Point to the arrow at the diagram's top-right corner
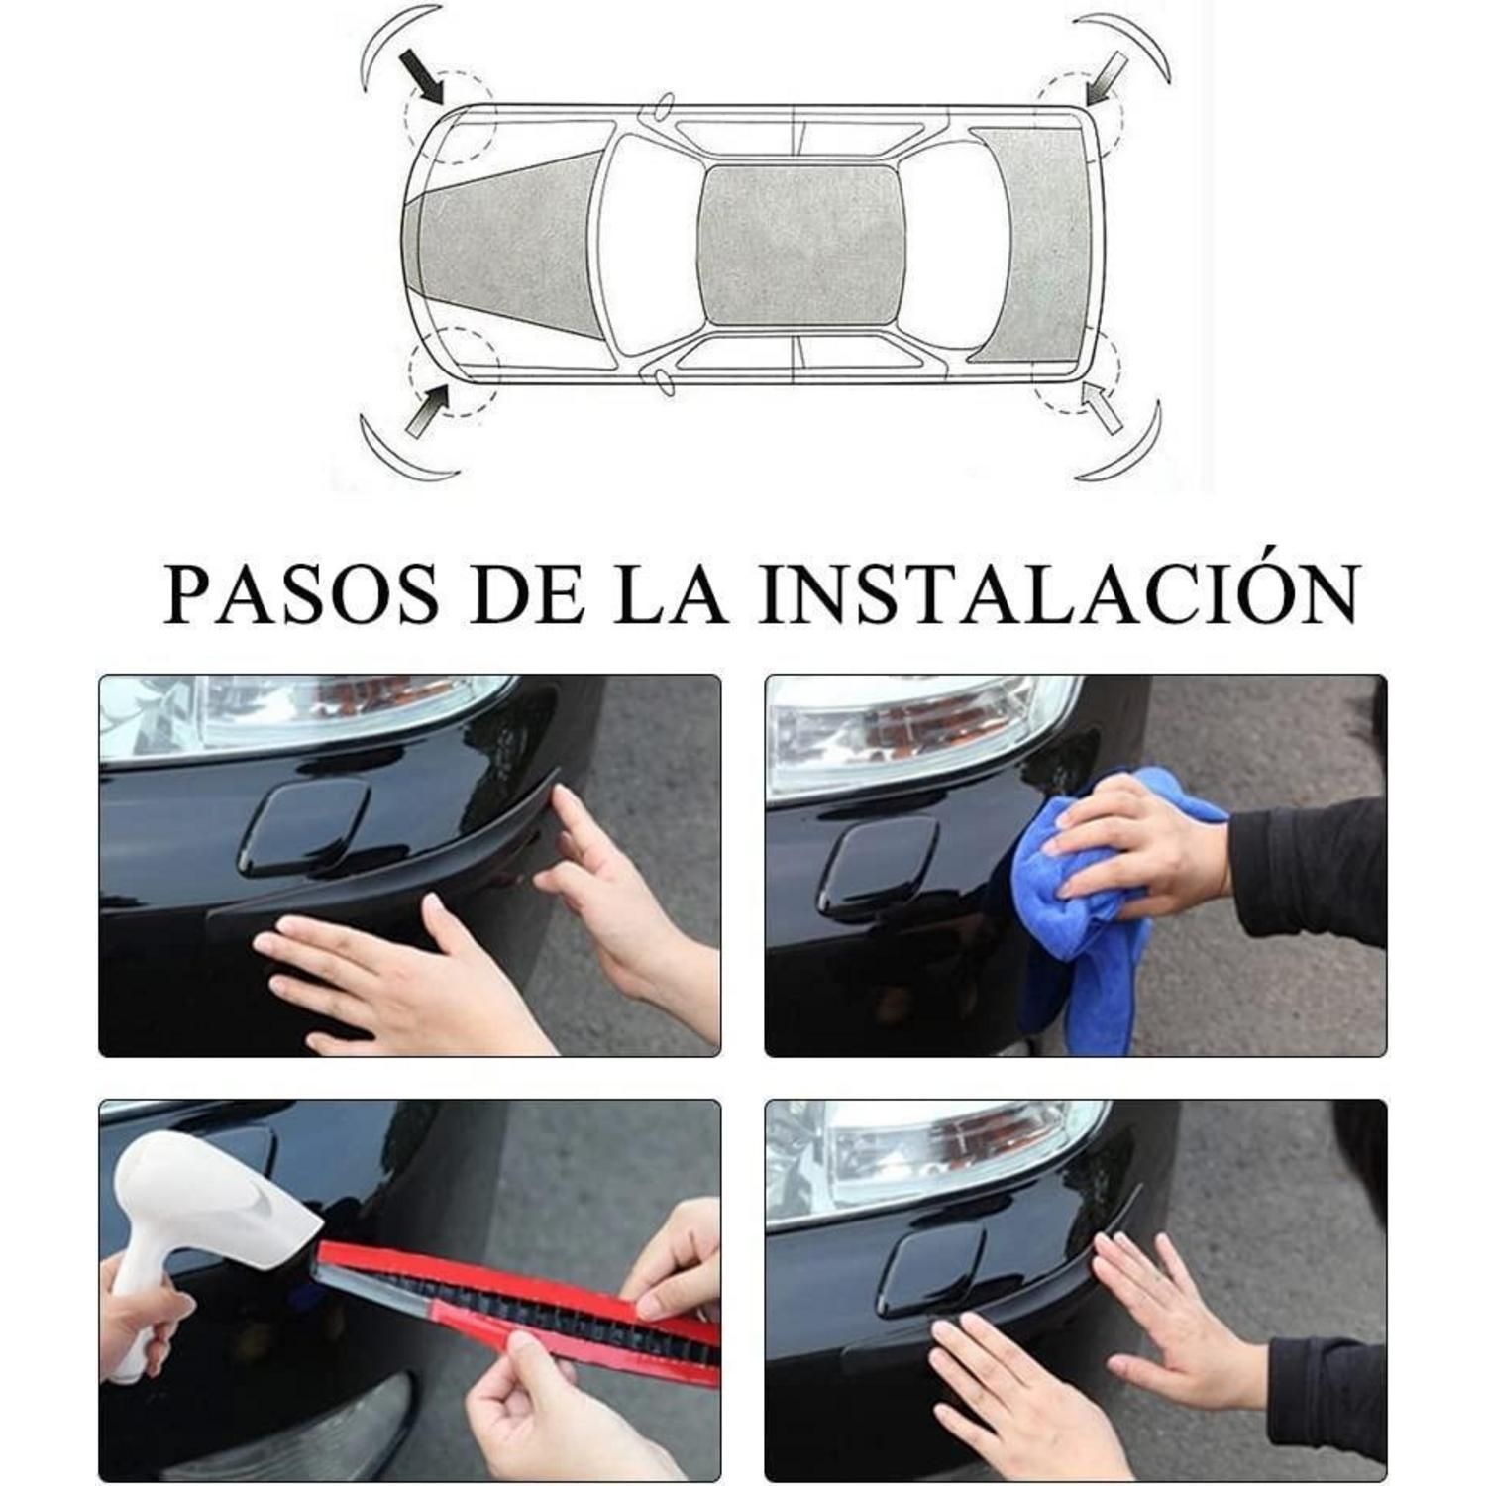point(1109,76)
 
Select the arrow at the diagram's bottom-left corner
point(427,409)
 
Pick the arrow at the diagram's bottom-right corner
point(1103,406)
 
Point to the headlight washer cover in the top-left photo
point(302,825)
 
